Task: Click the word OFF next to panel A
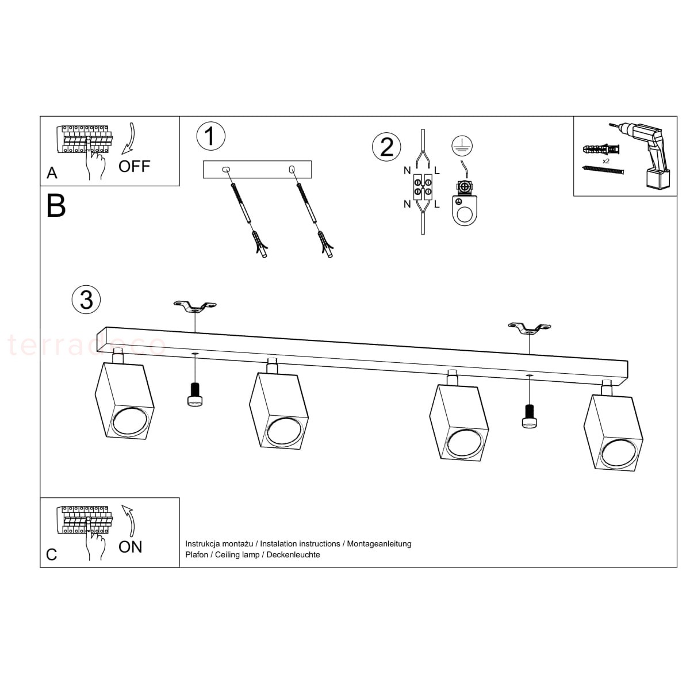134,167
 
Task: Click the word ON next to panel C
131,547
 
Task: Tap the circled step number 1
210,136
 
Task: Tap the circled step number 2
386,147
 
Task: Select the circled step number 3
86,299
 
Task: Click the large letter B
56,205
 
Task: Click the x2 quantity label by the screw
606,162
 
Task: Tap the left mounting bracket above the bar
195,307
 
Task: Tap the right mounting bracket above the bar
530,328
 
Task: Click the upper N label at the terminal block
407,171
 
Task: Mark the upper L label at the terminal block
437,171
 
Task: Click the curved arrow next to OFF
129,139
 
